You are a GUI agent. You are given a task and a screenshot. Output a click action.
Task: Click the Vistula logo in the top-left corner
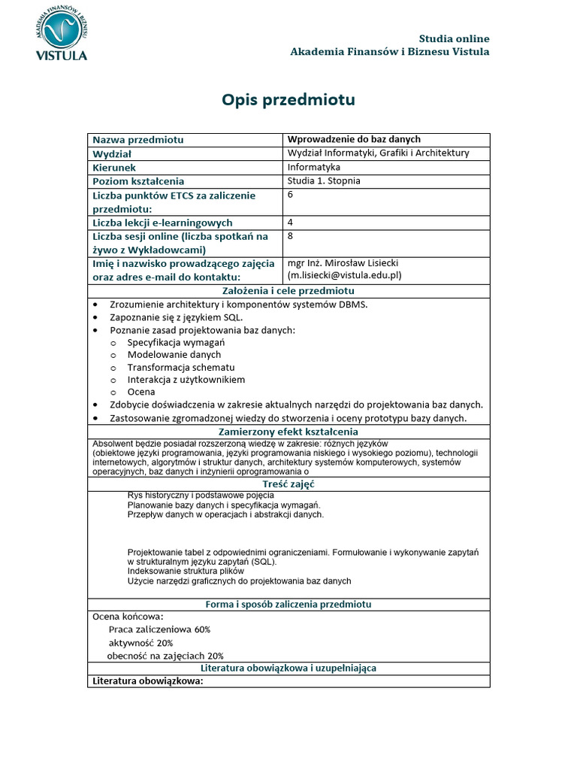[61, 33]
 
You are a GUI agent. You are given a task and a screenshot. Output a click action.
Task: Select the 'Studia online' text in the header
[454, 38]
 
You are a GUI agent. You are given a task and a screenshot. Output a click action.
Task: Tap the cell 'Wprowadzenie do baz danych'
[354, 139]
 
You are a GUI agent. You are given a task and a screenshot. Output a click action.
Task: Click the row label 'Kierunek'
[114, 168]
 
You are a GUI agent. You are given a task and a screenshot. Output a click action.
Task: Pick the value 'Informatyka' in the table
[313, 167]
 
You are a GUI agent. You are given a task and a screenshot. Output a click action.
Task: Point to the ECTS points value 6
[291, 194]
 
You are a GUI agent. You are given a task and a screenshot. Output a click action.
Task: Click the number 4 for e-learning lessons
[291, 223]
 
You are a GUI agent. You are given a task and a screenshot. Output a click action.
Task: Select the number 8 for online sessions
[291, 235]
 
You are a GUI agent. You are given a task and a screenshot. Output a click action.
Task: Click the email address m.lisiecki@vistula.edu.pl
[345, 276]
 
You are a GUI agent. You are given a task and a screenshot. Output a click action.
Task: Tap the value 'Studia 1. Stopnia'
[324, 181]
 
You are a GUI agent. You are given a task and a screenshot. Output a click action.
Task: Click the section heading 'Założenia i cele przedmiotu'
[288, 291]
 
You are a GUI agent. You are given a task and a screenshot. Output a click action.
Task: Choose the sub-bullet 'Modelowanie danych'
[174, 354]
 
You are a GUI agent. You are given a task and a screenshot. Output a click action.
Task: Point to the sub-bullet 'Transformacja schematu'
[181, 367]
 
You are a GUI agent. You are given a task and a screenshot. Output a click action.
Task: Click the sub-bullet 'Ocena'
[141, 392]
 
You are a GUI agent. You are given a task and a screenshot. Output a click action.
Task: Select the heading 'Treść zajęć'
[288, 485]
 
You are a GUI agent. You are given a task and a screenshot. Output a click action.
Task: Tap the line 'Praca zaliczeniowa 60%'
[159, 629]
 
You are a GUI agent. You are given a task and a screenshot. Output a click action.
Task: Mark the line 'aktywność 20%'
[140, 643]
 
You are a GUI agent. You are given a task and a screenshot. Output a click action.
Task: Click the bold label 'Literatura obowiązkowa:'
[147, 681]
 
